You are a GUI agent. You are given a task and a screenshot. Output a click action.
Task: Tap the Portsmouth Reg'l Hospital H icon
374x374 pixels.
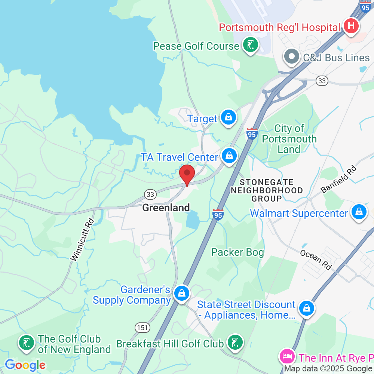pyautogui.click(x=351, y=27)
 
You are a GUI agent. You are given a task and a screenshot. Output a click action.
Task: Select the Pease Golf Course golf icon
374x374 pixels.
pyautogui.click(x=251, y=45)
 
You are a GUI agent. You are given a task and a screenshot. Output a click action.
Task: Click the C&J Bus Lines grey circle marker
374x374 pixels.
pyautogui.click(x=292, y=57)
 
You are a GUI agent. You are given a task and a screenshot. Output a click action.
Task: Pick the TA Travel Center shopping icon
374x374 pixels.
pyautogui.click(x=229, y=156)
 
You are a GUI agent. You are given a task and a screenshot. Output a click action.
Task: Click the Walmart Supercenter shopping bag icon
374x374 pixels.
pyautogui.click(x=359, y=212)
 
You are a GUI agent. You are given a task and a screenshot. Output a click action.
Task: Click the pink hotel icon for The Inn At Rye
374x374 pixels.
pyautogui.click(x=287, y=356)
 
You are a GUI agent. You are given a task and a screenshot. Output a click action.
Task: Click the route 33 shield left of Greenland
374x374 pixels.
pyautogui.click(x=150, y=194)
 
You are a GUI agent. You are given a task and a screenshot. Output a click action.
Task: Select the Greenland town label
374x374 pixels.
pyautogui.click(x=166, y=208)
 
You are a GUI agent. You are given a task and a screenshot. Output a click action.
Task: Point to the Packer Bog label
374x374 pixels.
pyautogui.click(x=237, y=252)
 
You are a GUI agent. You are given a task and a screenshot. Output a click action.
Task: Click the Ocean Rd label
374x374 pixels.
pyautogui.click(x=316, y=260)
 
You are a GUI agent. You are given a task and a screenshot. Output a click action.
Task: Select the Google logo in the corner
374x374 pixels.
pyautogui.click(x=25, y=365)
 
